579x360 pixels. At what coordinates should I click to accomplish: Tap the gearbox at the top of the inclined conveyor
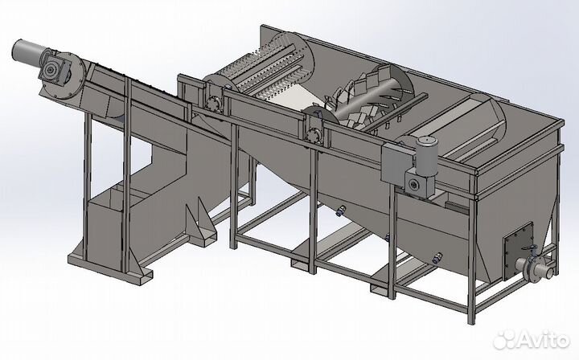point(53,69)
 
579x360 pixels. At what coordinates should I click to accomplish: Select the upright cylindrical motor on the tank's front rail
point(427,156)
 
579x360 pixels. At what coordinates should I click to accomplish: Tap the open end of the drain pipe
point(550,273)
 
